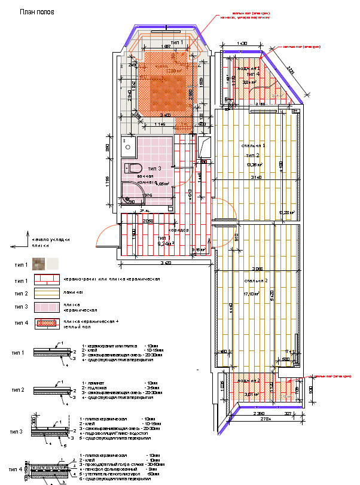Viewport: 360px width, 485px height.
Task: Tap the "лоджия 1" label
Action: (x=251, y=69)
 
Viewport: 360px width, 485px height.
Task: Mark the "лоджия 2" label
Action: (x=250, y=380)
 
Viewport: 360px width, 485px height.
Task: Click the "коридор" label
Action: (x=178, y=230)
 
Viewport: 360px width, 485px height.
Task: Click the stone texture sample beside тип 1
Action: (x=39, y=264)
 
